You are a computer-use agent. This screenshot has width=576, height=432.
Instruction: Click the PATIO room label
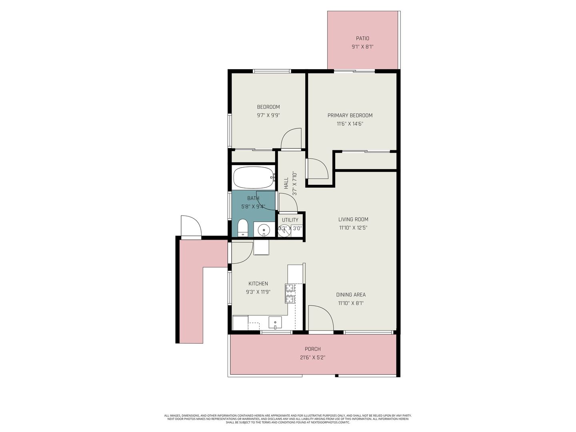coord(362,38)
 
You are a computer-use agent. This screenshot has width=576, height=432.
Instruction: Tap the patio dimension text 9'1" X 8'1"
coord(362,47)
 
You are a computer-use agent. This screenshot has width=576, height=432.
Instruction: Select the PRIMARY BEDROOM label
coord(350,116)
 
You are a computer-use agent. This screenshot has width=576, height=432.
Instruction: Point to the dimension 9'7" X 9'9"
coord(268,115)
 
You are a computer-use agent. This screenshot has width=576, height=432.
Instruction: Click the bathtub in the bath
coord(254,177)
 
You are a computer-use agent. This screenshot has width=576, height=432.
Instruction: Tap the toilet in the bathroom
coord(243,228)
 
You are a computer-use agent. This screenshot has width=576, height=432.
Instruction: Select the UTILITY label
coord(290,220)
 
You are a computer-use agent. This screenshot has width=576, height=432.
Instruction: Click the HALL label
coord(286,183)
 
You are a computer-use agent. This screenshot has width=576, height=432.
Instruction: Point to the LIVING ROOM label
coord(353,219)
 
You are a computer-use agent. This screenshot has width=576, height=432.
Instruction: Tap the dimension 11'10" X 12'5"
coord(353,228)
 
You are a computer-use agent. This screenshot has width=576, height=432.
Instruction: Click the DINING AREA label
coord(351,294)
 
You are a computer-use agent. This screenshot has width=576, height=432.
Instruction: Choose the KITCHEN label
coord(258,284)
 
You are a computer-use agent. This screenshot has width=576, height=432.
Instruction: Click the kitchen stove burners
coord(290,294)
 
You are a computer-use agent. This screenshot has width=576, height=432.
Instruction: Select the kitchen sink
coord(275,322)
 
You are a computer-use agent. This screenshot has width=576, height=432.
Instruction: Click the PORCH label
coord(312,349)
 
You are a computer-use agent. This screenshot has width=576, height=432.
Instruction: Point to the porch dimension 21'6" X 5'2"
coord(312,358)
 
